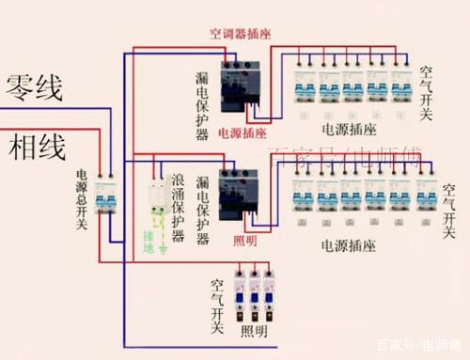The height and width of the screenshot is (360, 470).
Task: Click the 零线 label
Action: tap(36, 90)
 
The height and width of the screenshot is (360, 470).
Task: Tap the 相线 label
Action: tap(38, 148)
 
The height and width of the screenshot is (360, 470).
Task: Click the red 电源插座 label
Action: tap(242, 133)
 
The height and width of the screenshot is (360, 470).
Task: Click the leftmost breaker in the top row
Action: tap(303, 85)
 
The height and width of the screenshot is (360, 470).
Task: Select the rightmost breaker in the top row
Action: tap(400, 85)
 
